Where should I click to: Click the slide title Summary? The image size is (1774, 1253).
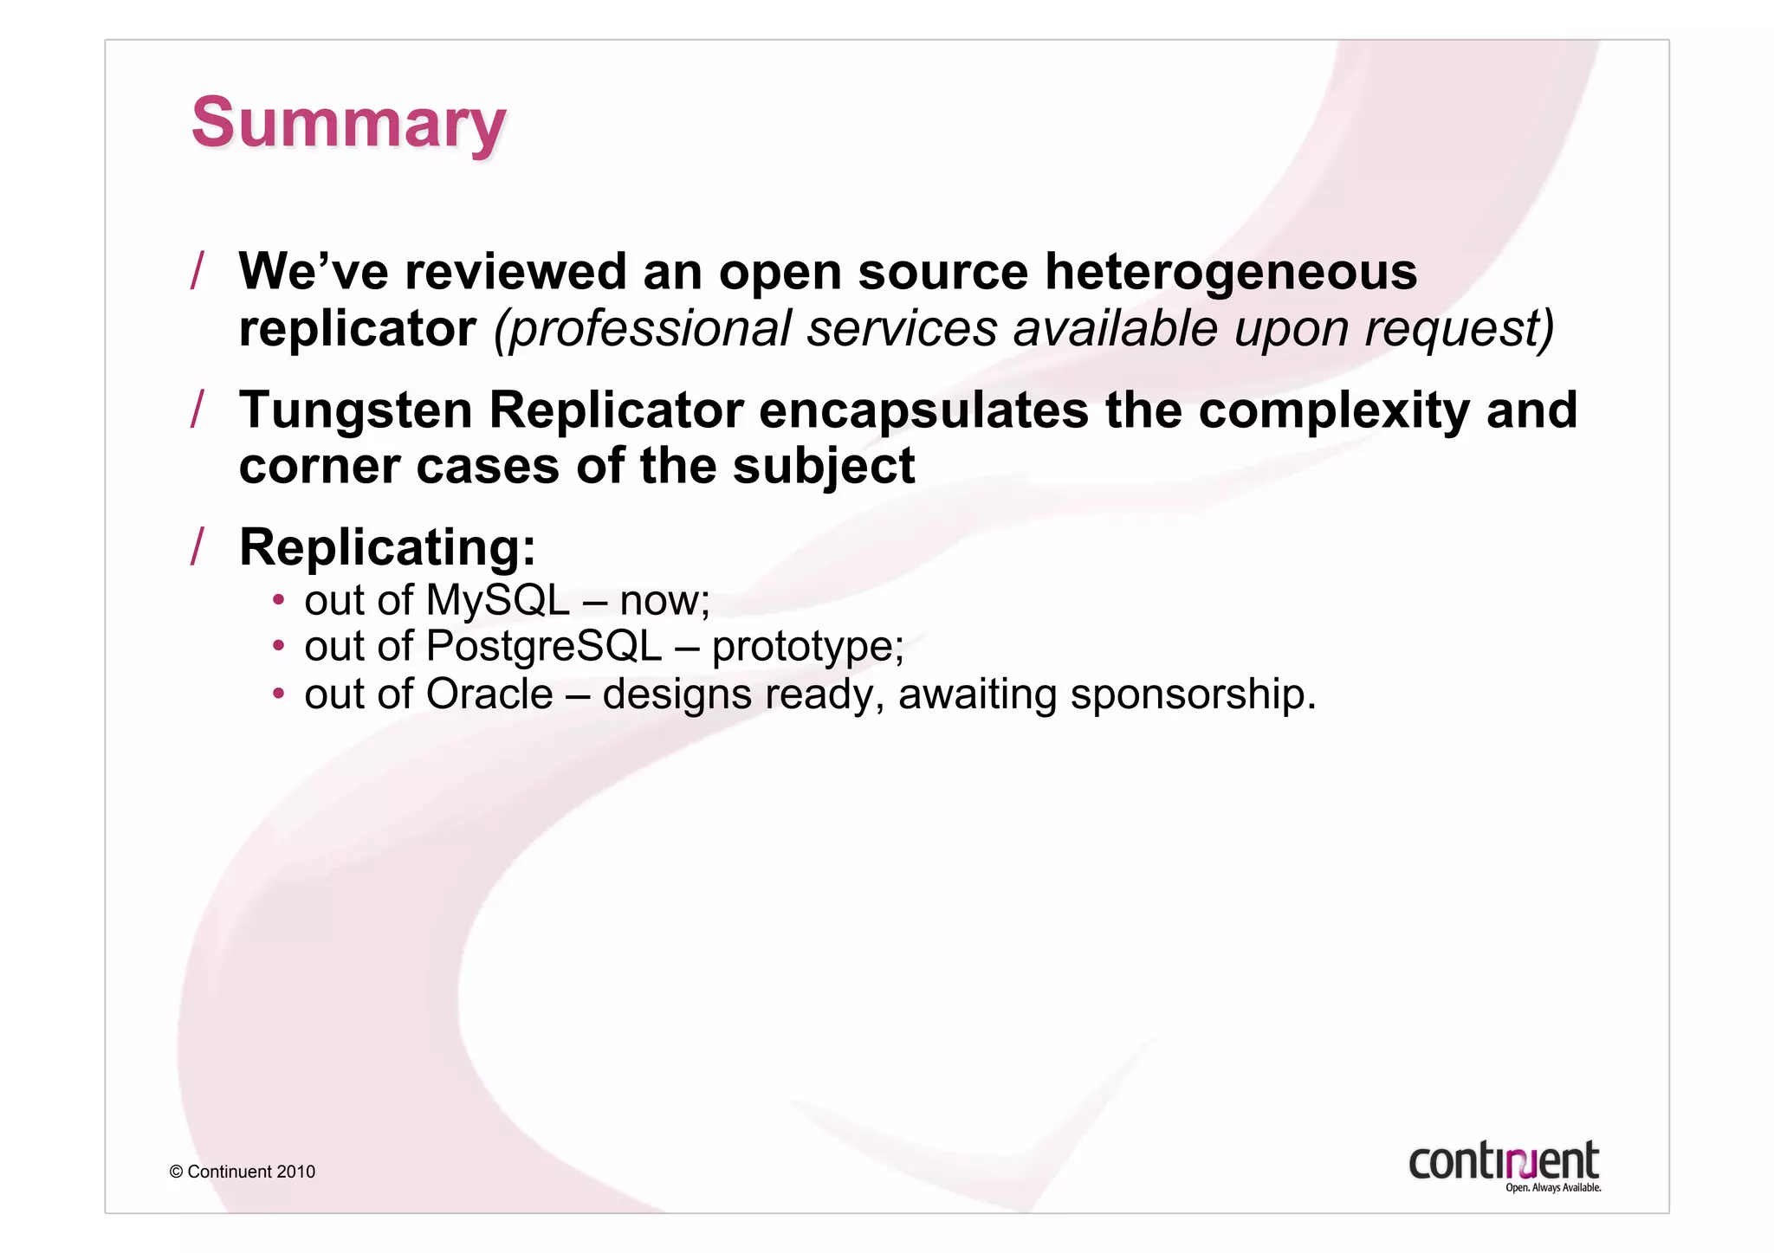[x=348, y=123]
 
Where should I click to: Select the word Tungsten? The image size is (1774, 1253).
[x=356, y=410]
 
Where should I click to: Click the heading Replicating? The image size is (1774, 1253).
[x=387, y=547]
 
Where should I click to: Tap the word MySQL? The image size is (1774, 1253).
[x=498, y=600]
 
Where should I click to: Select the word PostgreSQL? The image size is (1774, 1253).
[x=544, y=646]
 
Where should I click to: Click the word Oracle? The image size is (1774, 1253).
[x=489, y=694]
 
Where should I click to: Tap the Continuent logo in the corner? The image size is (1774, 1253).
[x=1504, y=1160]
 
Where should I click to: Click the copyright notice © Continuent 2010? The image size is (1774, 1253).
[x=243, y=1172]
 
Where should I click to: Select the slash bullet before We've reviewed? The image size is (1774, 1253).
[x=197, y=271]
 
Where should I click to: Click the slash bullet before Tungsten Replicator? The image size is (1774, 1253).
[x=197, y=410]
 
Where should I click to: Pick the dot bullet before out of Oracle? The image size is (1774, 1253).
[x=278, y=694]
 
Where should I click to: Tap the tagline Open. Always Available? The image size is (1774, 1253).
[x=1553, y=1188]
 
